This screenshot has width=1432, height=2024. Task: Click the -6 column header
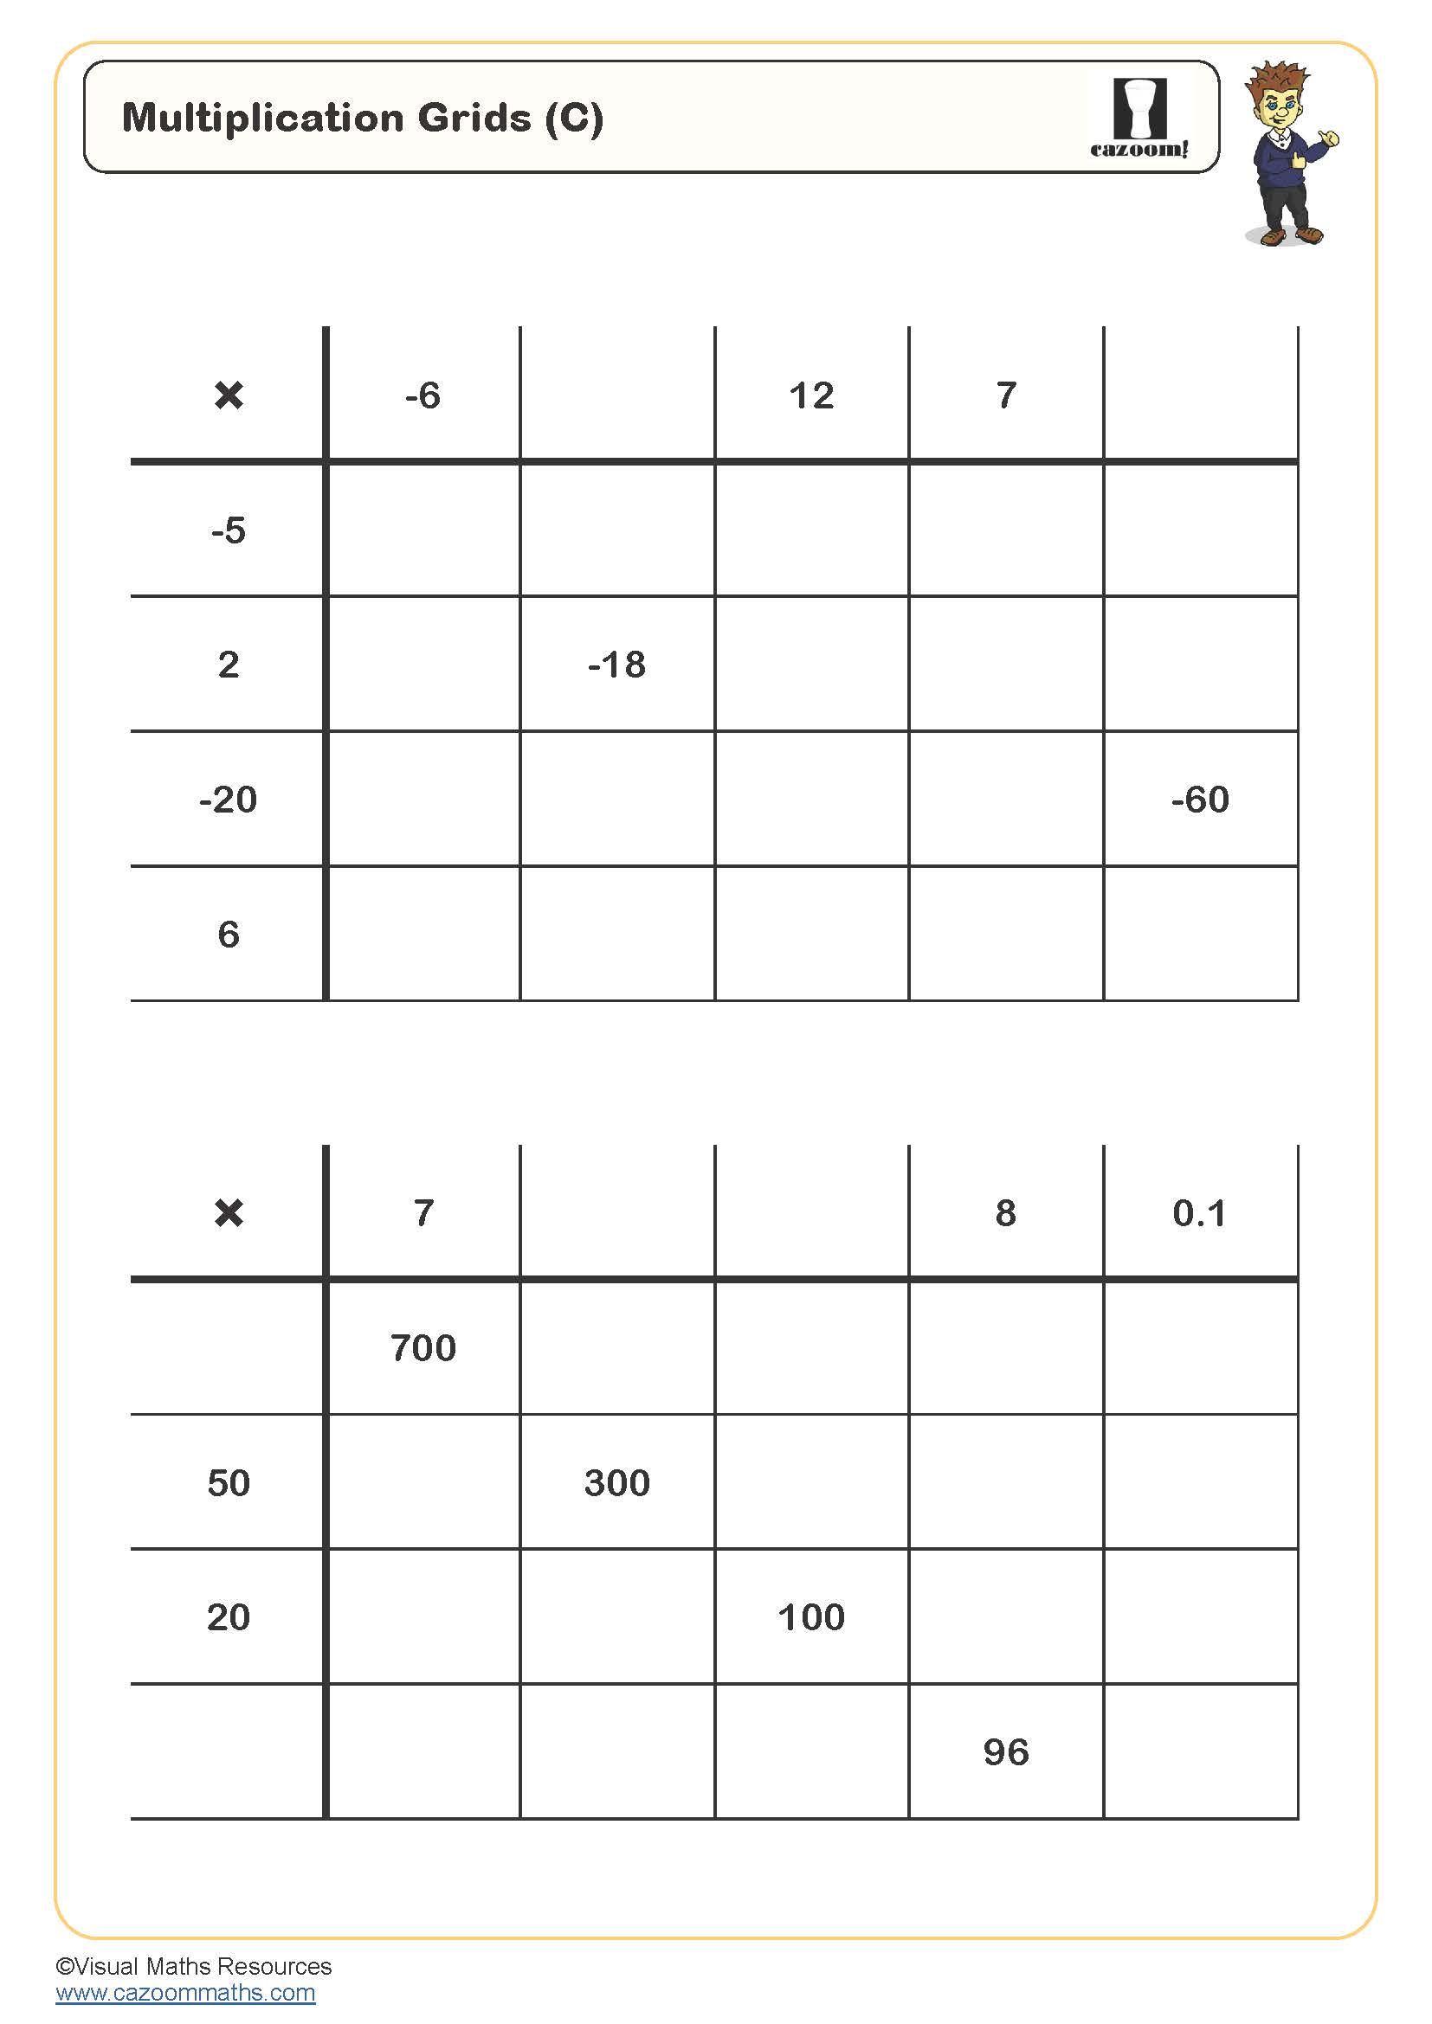(423, 395)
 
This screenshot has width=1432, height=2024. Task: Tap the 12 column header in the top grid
(811, 395)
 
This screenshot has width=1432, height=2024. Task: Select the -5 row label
(229, 530)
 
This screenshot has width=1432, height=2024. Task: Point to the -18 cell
(617, 665)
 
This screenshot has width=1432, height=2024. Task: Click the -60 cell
(1200, 800)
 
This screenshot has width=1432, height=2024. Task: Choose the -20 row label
(229, 800)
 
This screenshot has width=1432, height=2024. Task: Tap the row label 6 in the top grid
(229, 935)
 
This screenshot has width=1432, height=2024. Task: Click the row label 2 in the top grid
(229, 665)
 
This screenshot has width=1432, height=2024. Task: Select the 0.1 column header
(1199, 1213)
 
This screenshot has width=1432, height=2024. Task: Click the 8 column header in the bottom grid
(1006, 1213)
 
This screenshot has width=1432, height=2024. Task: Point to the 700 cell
(423, 1348)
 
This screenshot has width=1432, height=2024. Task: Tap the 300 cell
(617, 1483)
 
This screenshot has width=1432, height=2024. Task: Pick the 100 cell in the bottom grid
(811, 1616)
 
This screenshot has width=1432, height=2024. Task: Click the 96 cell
(1006, 1751)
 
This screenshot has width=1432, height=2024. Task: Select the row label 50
(229, 1483)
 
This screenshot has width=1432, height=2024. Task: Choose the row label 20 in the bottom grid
(229, 1616)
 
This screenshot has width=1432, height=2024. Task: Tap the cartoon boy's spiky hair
(1277, 78)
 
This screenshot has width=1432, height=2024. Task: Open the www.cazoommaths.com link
(185, 1992)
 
